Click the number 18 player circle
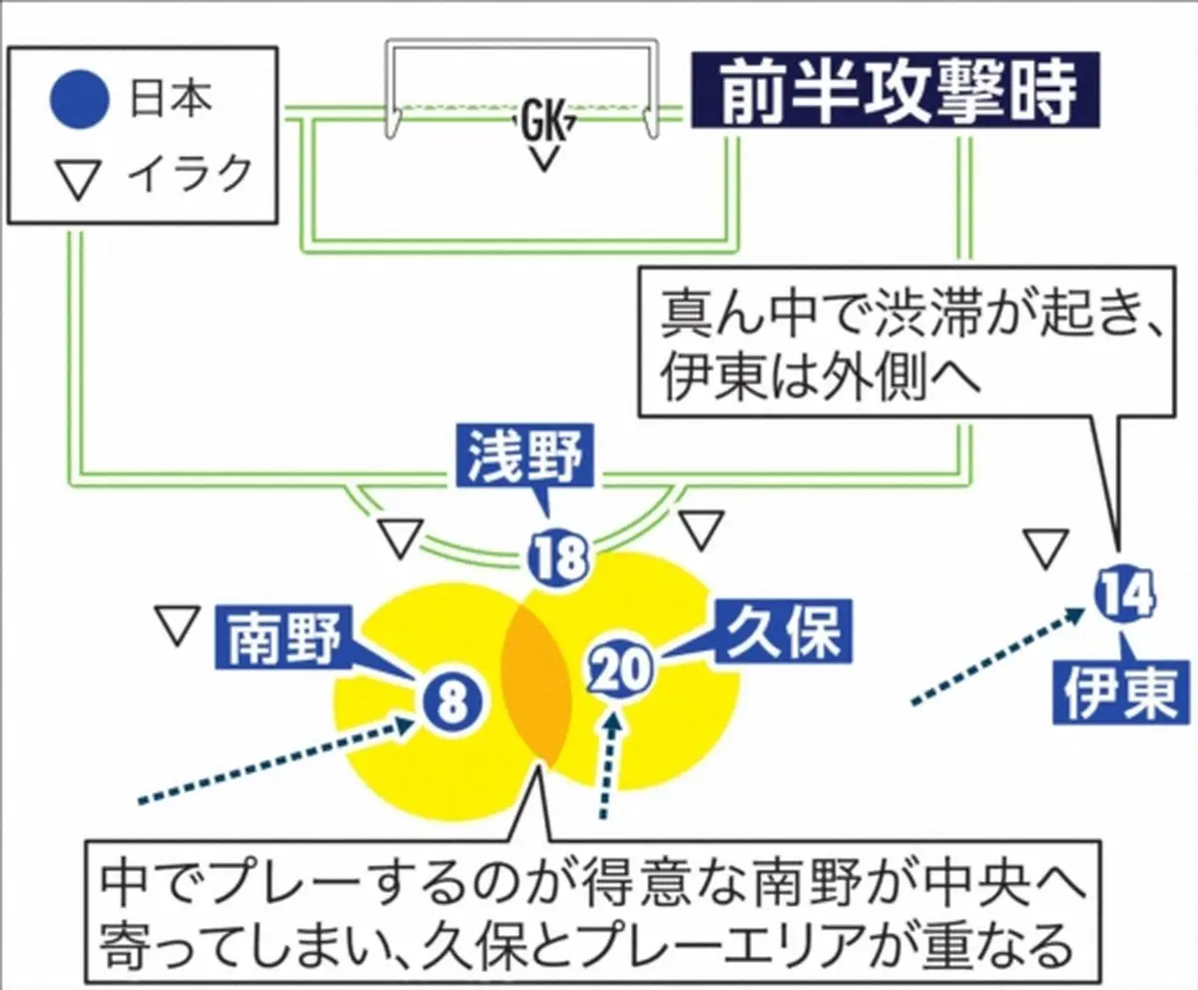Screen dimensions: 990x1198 click(x=558, y=560)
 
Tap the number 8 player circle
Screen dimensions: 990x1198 click(x=452, y=700)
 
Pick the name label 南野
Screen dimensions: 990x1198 click(x=280, y=639)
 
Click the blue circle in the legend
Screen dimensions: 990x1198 click(x=77, y=100)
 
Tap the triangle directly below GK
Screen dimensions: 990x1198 click(x=543, y=158)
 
